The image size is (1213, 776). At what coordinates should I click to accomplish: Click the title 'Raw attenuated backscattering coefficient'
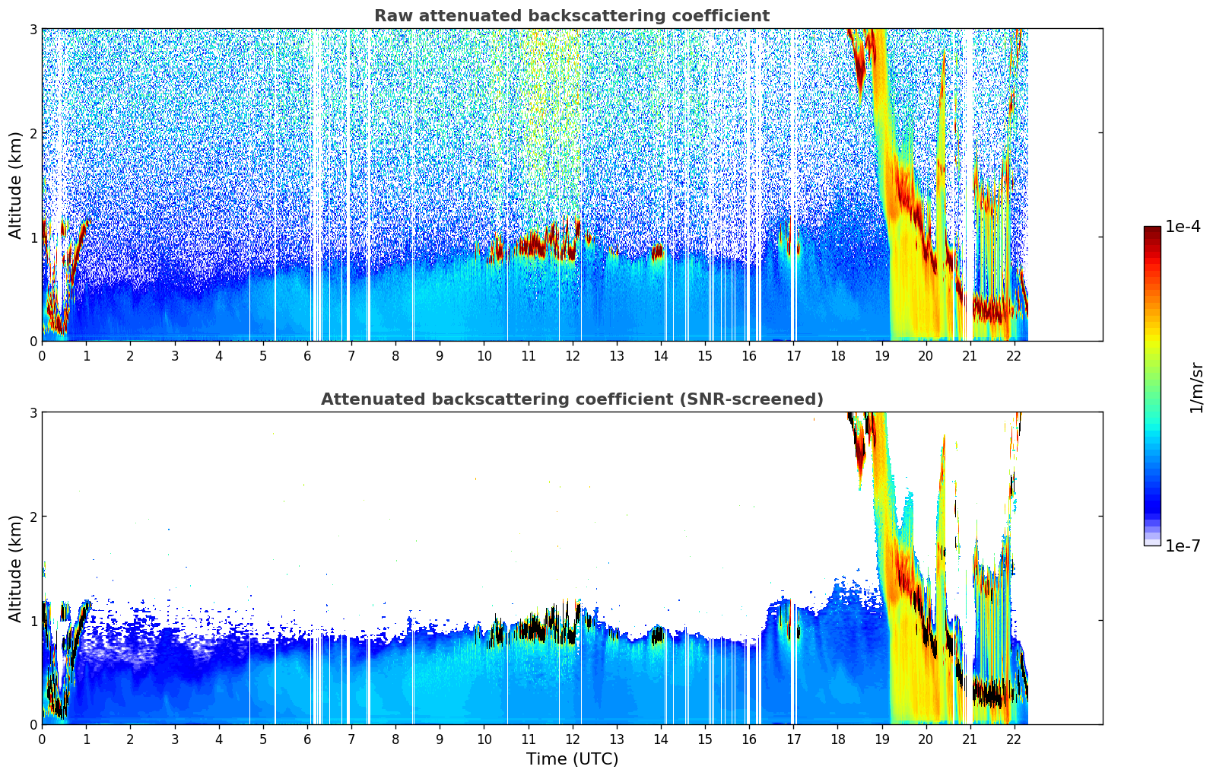click(571, 16)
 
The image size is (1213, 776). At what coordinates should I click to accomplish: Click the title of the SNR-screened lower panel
click(571, 399)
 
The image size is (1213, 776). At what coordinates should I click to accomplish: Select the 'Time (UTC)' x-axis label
click(572, 759)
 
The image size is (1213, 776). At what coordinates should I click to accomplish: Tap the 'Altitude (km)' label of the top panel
click(15, 185)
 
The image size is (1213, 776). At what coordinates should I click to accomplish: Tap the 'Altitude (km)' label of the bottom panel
click(15, 568)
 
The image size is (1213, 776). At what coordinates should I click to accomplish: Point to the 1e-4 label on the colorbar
click(1183, 227)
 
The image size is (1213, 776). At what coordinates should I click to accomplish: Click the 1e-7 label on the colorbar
click(1183, 545)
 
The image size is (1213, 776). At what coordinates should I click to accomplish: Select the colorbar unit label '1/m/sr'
click(1196, 387)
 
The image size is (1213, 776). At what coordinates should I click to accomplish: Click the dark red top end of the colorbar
click(1151, 230)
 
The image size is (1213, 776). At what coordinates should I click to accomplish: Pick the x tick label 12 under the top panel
click(572, 356)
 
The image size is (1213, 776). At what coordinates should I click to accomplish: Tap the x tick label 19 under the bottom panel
click(881, 739)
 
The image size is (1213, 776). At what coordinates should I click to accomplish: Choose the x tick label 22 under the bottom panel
click(1014, 739)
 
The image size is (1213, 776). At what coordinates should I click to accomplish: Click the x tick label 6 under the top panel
click(307, 356)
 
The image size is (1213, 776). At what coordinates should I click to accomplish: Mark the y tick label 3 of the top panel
click(33, 29)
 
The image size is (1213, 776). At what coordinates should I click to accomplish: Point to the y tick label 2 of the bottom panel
click(33, 517)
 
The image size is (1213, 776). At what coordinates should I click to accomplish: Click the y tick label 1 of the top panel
click(33, 237)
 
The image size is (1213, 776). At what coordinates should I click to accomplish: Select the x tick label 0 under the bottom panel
click(42, 739)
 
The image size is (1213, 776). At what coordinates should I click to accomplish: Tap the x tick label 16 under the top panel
click(749, 356)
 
